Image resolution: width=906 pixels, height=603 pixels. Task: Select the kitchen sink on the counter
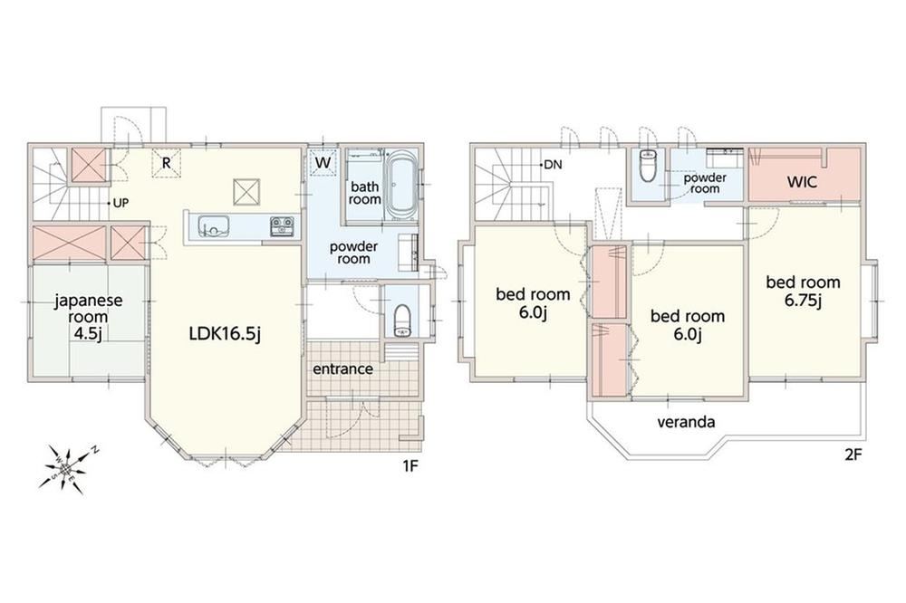click(213, 225)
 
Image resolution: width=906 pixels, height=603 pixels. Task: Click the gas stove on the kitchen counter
click(283, 225)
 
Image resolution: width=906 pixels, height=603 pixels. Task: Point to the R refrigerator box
click(167, 163)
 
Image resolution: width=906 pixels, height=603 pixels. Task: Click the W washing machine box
click(323, 162)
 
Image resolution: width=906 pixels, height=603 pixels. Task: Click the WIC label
click(802, 182)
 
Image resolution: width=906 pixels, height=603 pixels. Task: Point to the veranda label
click(686, 422)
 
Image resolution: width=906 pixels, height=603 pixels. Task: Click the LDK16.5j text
click(225, 333)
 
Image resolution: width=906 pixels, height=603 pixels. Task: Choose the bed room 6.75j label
click(803, 291)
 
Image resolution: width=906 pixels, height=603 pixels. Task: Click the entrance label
click(342, 368)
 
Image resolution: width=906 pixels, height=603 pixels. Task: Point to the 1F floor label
click(410, 466)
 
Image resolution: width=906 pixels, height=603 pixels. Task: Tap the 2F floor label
click(853, 455)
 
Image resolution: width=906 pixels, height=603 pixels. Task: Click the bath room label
click(364, 193)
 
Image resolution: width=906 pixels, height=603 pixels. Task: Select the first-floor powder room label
click(353, 253)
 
